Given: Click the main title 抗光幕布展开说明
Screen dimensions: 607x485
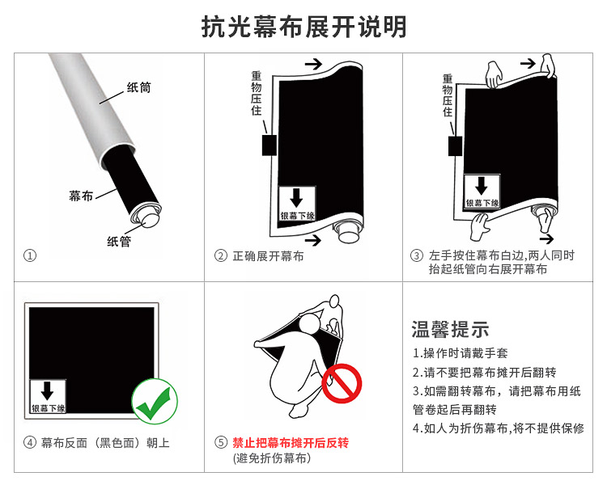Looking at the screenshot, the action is [x=303, y=27].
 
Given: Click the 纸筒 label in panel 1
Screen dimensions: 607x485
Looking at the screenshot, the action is [x=139, y=87].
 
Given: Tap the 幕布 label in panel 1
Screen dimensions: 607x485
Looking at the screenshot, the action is [x=81, y=196].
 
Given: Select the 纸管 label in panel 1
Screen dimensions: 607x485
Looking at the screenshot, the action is [x=119, y=242].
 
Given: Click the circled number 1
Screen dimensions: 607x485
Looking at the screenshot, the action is [x=30, y=255].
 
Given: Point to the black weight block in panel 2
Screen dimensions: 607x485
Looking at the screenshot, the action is [x=270, y=145].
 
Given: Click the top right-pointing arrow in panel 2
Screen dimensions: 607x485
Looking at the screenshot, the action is [x=313, y=64].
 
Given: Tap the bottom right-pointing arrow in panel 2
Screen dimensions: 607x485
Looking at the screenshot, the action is [x=313, y=240].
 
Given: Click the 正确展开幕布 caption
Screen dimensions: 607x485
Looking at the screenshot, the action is [x=268, y=256].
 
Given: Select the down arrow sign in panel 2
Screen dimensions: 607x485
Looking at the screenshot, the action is [x=297, y=204].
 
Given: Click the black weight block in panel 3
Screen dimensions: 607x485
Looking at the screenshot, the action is [x=455, y=145].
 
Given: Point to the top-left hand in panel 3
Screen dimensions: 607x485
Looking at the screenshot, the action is [x=494, y=74].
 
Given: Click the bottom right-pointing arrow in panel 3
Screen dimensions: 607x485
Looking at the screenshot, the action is [x=546, y=238].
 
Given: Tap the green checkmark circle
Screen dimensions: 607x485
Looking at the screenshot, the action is [x=155, y=402].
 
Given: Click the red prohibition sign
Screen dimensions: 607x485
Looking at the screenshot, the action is [x=342, y=383].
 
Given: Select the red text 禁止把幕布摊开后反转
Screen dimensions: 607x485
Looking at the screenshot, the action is [x=291, y=443].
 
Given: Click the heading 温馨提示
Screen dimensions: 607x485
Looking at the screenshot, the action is [x=450, y=330].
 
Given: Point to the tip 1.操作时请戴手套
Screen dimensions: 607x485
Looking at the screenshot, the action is [x=461, y=353].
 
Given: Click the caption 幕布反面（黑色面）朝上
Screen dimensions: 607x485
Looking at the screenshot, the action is [x=105, y=443].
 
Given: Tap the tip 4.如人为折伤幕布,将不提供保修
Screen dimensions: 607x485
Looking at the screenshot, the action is [x=499, y=428].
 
